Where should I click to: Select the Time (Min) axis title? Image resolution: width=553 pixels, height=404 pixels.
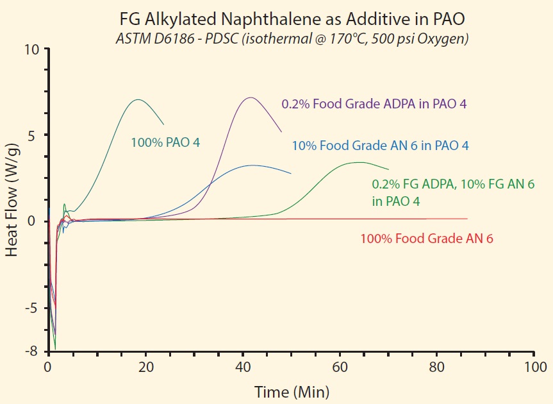click(292, 391)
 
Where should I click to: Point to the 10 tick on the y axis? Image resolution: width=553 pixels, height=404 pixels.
click(33, 49)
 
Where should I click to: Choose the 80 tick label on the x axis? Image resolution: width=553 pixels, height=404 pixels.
click(436, 367)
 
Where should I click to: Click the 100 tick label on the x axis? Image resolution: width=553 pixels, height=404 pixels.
click(534, 367)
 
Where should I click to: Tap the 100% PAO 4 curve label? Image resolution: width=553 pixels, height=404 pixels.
click(165, 142)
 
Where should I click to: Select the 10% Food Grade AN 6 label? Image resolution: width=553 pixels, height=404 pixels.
click(380, 146)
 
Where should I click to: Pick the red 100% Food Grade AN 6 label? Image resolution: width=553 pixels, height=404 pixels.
click(427, 239)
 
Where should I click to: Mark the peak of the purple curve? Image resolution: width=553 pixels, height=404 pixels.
click(250, 97)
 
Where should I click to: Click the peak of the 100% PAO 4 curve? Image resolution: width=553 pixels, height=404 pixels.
click(138, 99)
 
